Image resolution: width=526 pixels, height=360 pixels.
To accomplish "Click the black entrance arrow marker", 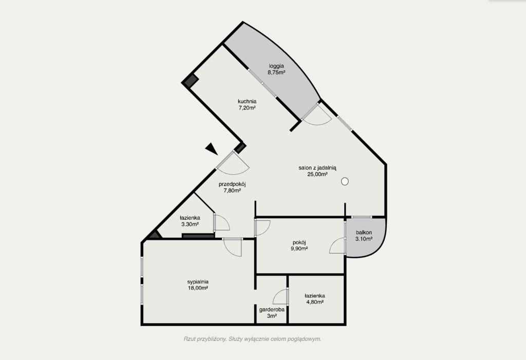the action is pyautogui.click(x=212, y=148).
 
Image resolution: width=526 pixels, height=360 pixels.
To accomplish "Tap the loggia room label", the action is pyautogui.click(x=276, y=66).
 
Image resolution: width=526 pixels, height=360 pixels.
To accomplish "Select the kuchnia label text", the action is pyautogui.click(x=247, y=101).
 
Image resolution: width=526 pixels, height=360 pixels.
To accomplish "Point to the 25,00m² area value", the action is pyautogui.click(x=317, y=174).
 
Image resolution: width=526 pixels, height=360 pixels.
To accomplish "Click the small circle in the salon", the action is pyautogui.click(x=345, y=181).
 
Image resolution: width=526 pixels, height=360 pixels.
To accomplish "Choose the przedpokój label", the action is pyautogui.click(x=233, y=184).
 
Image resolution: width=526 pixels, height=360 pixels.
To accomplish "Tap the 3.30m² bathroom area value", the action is pyautogui.click(x=190, y=224).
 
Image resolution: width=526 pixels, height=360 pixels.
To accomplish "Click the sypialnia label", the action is pyautogui.click(x=198, y=282).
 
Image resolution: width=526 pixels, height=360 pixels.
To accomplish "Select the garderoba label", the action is pyautogui.click(x=272, y=310).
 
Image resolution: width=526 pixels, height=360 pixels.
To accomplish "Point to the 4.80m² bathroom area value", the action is pyautogui.click(x=315, y=302).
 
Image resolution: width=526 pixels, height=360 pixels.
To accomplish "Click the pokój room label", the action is pyautogui.click(x=299, y=242).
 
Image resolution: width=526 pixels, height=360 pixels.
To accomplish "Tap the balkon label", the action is pyautogui.click(x=364, y=233).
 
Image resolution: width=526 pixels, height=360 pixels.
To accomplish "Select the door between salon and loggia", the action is pyautogui.click(x=316, y=114).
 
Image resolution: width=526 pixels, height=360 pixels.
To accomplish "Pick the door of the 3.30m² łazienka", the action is pyautogui.click(x=222, y=222).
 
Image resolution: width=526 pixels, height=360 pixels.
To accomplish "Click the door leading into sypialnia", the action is pyautogui.click(x=233, y=247).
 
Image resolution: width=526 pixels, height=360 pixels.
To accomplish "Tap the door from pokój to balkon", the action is pyautogui.click(x=338, y=245).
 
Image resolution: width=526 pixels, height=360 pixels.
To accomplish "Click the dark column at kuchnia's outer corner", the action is pyautogui.click(x=190, y=81).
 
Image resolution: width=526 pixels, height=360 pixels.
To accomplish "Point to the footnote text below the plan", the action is pyautogui.click(x=252, y=339).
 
